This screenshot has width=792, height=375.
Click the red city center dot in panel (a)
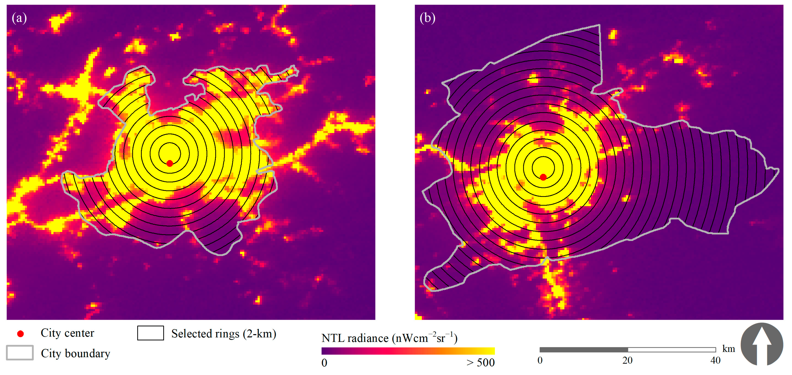[x=170, y=163]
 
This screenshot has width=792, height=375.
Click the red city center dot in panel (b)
[x=543, y=177]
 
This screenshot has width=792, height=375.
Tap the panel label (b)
[x=427, y=18]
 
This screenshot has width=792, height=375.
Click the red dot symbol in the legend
[x=20, y=334]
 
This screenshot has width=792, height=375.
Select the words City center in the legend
[x=67, y=333]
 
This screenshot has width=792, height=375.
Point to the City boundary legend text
[x=75, y=354]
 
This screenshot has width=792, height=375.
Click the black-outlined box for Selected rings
[x=150, y=333]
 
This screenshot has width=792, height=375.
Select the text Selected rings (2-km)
[x=223, y=333]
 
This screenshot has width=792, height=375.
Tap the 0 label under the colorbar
[x=324, y=363]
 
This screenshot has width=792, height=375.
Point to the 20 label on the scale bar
[x=627, y=360]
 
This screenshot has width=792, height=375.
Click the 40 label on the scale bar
[x=715, y=360]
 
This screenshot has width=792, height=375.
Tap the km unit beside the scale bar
[x=728, y=349]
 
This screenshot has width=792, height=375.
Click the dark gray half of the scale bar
[x=584, y=350]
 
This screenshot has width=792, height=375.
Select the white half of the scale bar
[x=672, y=350]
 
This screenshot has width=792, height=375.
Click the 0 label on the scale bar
[x=540, y=360]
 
